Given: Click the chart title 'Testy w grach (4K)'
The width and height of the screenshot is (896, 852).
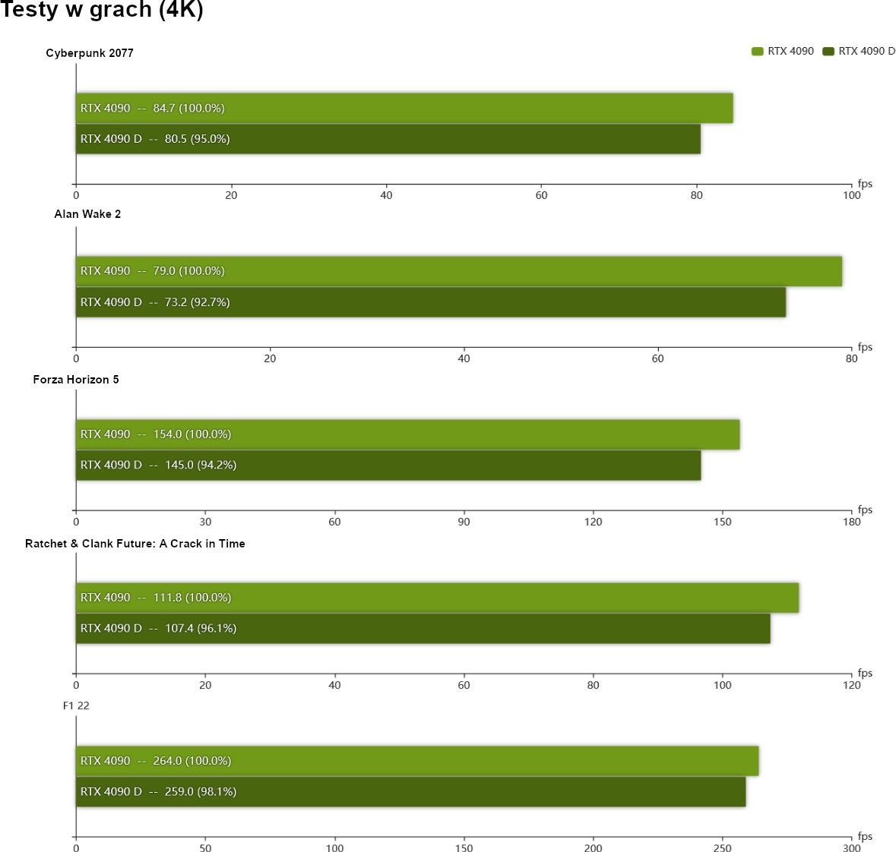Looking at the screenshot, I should click(102, 10).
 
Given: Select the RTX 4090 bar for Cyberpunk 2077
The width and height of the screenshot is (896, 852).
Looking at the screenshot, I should click(404, 108).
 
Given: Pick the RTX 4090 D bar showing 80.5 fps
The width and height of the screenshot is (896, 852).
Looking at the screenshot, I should click(388, 139).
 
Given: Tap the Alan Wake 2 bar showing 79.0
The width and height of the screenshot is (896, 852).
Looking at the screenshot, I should click(458, 271).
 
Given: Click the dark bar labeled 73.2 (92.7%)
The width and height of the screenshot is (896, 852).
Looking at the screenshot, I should click(430, 302).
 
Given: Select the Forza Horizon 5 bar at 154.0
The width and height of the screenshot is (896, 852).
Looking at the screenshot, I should click(407, 434).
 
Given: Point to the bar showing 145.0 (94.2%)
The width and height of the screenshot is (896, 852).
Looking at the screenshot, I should click(388, 465).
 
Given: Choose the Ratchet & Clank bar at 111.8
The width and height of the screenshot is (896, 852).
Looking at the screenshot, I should click(437, 598).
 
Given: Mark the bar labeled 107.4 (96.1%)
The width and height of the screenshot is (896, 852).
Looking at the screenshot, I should click(423, 628).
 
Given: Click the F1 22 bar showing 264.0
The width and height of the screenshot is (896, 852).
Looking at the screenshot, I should click(416, 761).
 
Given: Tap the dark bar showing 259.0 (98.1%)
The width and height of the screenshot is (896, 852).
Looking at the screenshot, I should click(410, 791).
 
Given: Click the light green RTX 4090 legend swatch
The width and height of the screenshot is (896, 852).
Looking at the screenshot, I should click(757, 52).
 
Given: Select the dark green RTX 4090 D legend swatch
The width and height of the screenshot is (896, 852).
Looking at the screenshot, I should click(828, 52).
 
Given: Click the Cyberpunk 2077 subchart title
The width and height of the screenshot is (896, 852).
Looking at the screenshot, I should click(90, 53).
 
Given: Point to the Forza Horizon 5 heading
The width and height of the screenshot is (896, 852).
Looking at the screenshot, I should click(76, 380).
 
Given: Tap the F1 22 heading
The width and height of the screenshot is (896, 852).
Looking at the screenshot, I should click(76, 706).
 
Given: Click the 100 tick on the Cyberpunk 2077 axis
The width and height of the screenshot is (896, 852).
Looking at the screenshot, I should click(851, 195).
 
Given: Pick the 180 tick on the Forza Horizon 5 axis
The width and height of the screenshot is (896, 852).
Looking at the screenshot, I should click(851, 522).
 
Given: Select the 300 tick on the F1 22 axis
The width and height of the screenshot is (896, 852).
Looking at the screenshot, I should click(851, 848).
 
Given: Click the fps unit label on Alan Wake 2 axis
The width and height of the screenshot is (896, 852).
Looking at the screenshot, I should click(865, 347).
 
